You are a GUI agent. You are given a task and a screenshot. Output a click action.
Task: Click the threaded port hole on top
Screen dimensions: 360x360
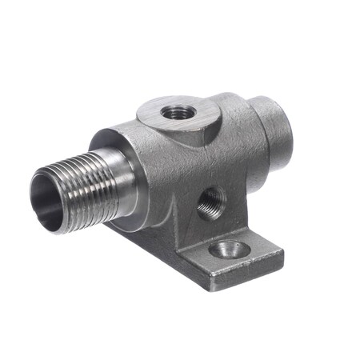[172, 111]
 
